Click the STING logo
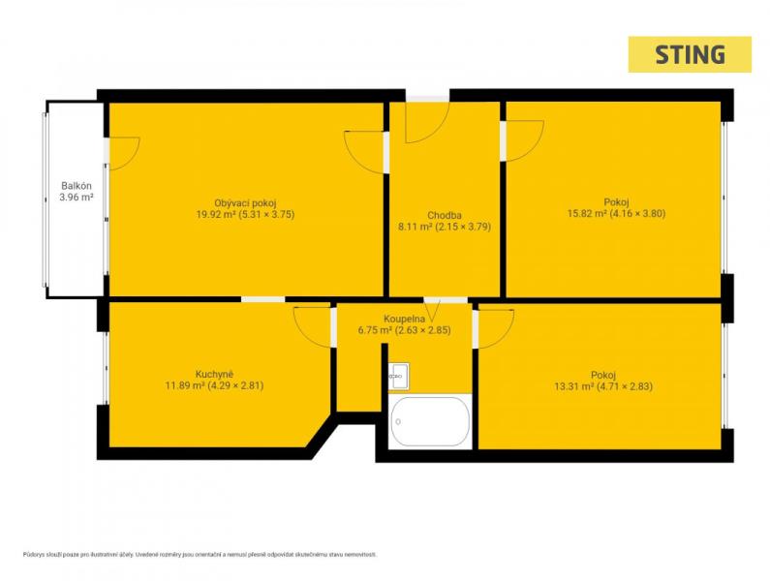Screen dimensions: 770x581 coord(690,54)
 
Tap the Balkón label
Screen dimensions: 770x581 coord(77,186)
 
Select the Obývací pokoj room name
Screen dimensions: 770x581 coord(246,202)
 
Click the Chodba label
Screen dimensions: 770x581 coord(444,215)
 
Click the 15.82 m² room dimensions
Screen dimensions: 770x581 coord(616,213)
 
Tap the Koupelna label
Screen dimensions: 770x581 coord(404,319)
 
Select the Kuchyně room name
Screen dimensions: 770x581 coord(214,374)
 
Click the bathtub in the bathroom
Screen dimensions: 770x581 coord(430,422)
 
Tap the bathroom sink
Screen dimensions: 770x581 coord(399,377)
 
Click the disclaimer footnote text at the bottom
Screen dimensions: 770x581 coord(200,555)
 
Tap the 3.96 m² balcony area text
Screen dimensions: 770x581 coord(77,198)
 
